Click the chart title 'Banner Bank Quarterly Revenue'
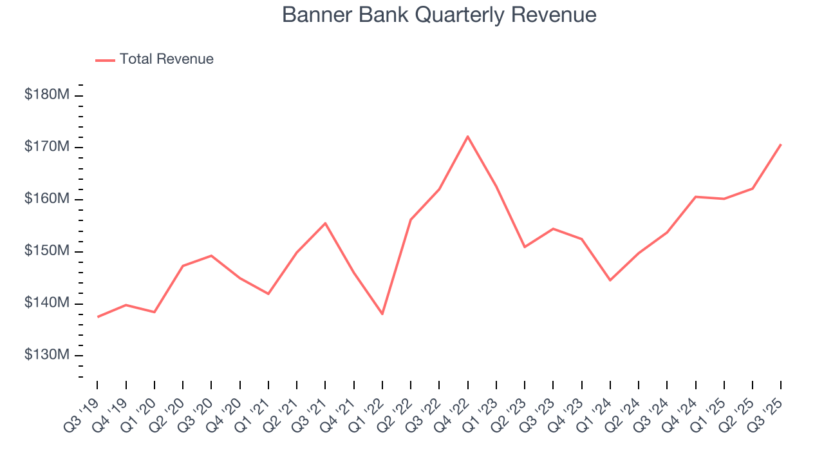tap(439, 15)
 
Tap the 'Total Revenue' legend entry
tap(166, 59)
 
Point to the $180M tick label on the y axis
tap(46, 95)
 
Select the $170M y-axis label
tap(46, 147)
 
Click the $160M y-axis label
tap(46, 199)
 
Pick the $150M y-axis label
tap(46, 251)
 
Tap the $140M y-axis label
tap(46, 304)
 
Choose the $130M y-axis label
tap(46, 355)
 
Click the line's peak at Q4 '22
tap(467, 136)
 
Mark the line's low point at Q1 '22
tap(382, 314)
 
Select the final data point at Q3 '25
tap(780, 144)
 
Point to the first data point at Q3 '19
tap(98, 316)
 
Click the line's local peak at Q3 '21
tap(325, 223)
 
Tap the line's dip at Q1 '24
tap(610, 280)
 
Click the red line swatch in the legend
tap(105, 60)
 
